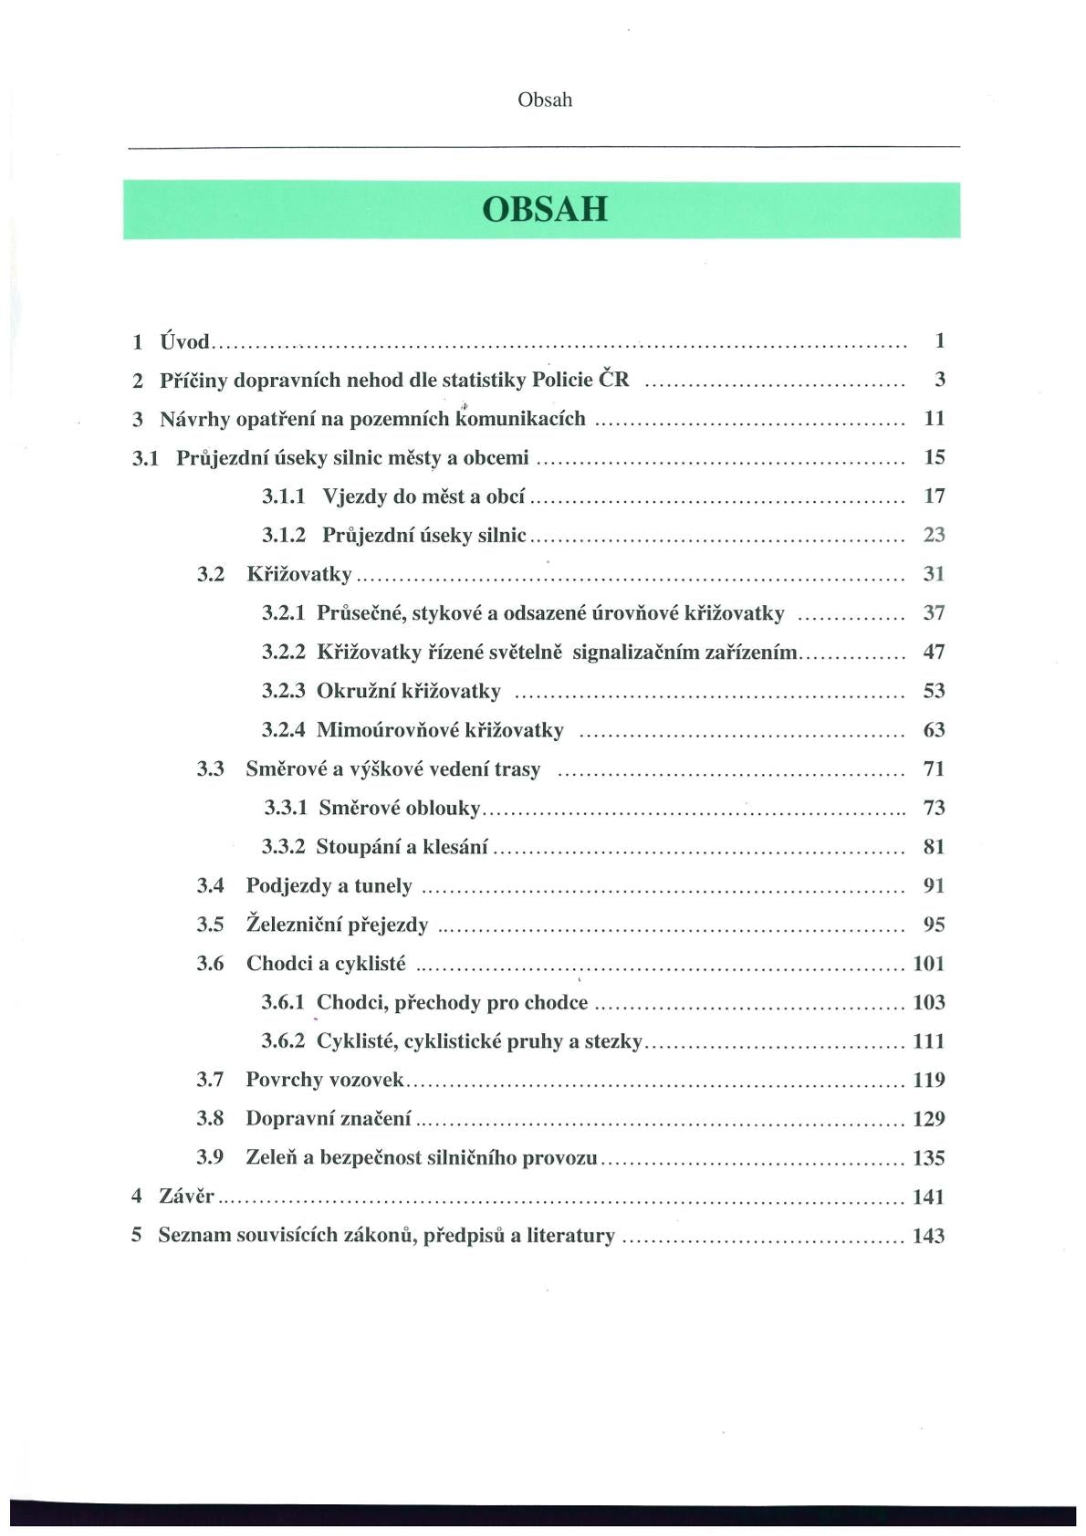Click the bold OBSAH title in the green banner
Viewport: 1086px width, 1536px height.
coord(544,210)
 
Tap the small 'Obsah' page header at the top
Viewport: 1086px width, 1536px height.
coord(545,100)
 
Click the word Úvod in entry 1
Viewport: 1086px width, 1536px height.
coord(184,342)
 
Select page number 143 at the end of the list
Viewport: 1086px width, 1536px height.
coord(928,1237)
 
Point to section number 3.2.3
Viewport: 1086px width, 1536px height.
coord(283,691)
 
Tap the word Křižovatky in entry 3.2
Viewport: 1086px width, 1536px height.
coord(298,574)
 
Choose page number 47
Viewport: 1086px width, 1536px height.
coord(934,652)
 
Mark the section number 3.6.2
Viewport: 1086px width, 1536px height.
coord(283,1041)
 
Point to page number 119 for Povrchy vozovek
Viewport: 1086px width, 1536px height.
coord(928,1081)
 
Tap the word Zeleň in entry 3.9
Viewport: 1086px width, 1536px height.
coord(271,1158)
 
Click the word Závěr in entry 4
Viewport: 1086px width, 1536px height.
coord(186,1196)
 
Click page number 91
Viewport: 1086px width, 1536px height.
coord(934,886)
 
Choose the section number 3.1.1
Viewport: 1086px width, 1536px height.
coord(284,496)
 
